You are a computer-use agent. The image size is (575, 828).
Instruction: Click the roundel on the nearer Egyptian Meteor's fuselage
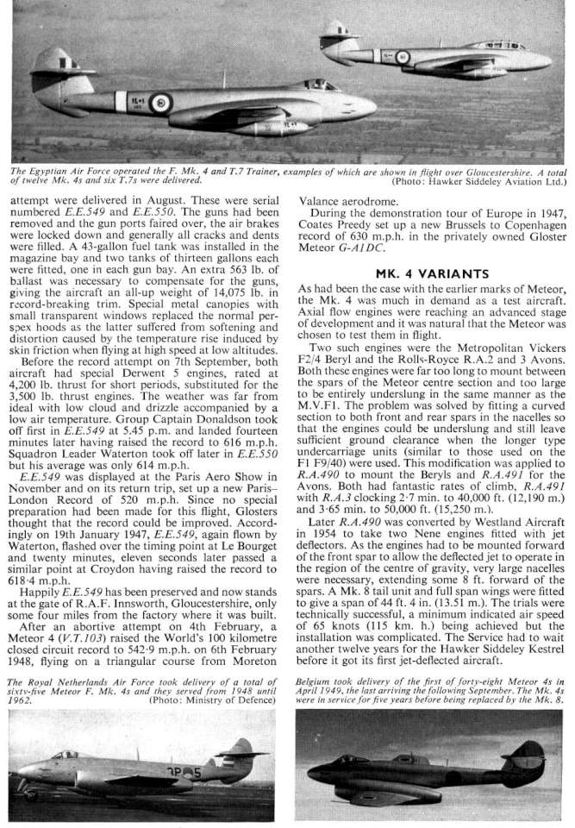pos(161,109)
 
